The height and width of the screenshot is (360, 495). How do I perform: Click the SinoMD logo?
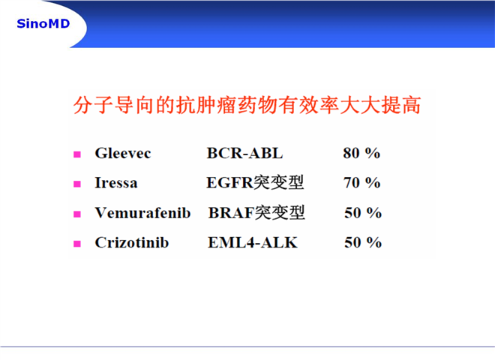tap(43, 24)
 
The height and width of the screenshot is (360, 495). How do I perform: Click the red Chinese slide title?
tap(247, 105)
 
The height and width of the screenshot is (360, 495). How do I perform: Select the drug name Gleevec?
tap(123, 154)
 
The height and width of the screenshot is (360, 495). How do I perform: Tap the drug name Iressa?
tap(116, 183)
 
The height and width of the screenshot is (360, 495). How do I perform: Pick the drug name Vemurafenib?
tap(142, 213)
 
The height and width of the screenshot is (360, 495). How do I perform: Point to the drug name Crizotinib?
tap(132, 242)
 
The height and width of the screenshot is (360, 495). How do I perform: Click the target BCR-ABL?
tap(244, 154)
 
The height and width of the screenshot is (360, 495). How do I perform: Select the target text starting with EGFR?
tap(255, 182)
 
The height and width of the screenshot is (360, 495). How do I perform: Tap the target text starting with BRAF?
tap(256, 212)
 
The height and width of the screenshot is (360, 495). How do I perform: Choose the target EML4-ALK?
tap(253, 242)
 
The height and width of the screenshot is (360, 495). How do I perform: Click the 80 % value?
tap(361, 154)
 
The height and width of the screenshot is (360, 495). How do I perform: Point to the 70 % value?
tap(361, 183)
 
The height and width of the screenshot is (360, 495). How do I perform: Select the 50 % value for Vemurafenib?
tap(363, 213)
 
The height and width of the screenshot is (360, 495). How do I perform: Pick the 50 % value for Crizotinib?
tap(363, 242)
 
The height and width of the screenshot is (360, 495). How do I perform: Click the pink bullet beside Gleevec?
tap(77, 154)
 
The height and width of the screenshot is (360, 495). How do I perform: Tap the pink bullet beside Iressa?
tap(77, 184)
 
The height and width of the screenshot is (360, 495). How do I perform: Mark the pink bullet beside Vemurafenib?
tap(77, 214)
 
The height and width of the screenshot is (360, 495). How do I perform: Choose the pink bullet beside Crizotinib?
tap(77, 244)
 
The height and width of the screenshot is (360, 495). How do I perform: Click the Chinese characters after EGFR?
tap(279, 182)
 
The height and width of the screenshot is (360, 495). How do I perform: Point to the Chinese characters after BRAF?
tap(280, 212)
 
